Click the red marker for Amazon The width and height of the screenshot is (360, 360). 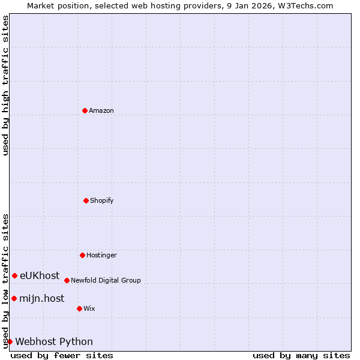pyautogui.click(x=85, y=110)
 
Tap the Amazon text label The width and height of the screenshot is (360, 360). pyautogui.click(x=101, y=110)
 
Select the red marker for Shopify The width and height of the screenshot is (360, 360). pyautogui.click(x=86, y=200)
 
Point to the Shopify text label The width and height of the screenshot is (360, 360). pyautogui.click(x=102, y=200)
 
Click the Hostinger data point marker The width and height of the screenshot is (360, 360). pyautogui.click(x=82, y=255)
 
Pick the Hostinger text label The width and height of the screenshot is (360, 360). pyautogui.click(x=101, y=255)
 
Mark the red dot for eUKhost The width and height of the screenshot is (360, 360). pyautogui.click(x=14, y=275)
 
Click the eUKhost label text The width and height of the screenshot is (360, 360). pyautogui.click(x=40, y=276)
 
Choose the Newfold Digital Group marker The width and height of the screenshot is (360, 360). pyautogui.click(x=67, y=280)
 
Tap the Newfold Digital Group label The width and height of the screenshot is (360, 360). pyautogui.click(x=106, y=280)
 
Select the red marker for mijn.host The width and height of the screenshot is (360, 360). pyautogui.click(x=14, y=298)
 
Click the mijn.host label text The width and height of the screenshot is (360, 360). pyautogui.click(x=41, y=299)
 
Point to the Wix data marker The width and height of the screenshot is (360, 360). pyautogui.click(x=79, y=308)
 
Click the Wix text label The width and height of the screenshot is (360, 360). pyautogui.click(x=89, y=308)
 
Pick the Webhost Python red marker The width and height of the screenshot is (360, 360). pyautogui.click(x=10, y=341)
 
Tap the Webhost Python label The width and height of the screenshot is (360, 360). pyautogui.click(x=54, y=342)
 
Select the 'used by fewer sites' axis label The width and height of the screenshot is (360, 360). pyautogui.click(x=62, y=355)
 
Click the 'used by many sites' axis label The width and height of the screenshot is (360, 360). pyautogui.click(x=301, y=355)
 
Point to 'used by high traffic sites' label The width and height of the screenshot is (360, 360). pyautogui.click(x=5, y=85)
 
